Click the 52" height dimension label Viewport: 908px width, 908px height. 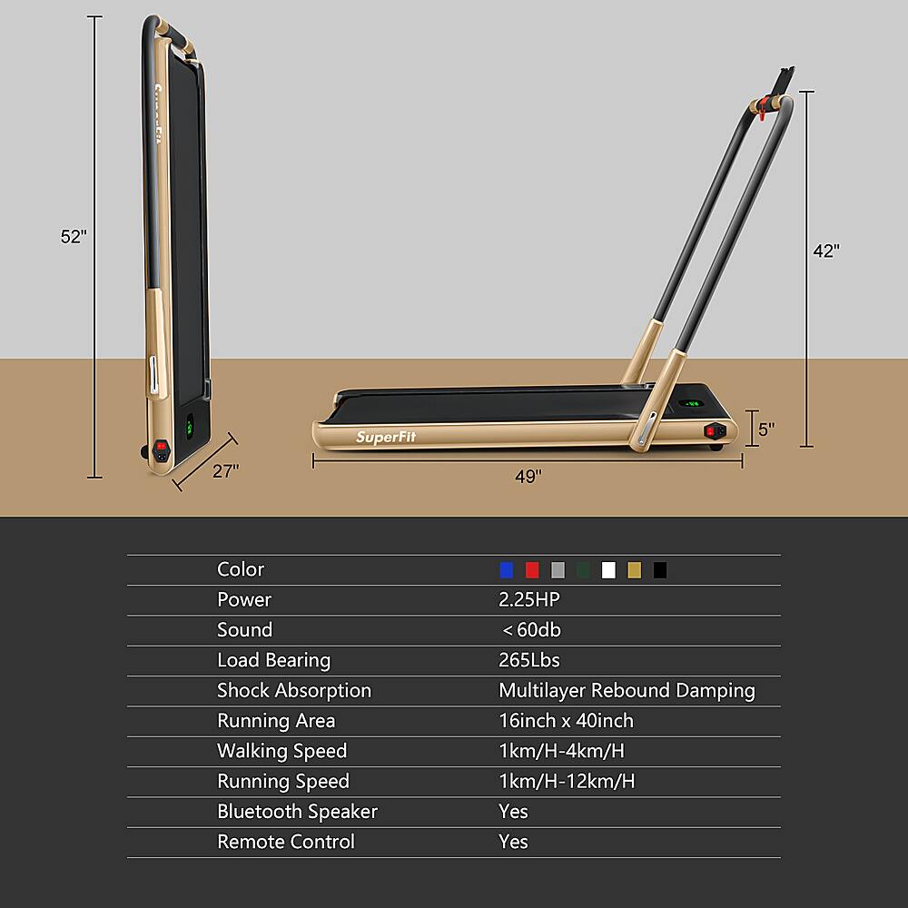[x=74, y=236]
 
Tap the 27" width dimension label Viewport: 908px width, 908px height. [x=225, y=470]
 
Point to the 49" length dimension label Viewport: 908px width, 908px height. [x=527, y=475]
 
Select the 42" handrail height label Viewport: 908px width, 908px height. [x=825, y=252]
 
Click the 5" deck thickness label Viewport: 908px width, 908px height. [x=766, y=429]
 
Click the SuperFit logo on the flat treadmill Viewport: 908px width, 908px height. [x=387, y=436]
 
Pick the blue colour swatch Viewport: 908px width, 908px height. [x=507, y=570]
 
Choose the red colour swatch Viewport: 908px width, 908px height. [x=532, y=570]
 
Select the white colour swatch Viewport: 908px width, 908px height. [x=608, y=570]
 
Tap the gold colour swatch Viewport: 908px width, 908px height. [x=634, y=570]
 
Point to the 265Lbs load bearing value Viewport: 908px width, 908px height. [x=529, y=660]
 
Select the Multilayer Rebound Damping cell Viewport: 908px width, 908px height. [x=627, y=690]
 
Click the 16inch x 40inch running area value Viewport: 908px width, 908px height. [x=566, y=721]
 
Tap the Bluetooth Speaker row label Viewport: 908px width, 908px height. [x=297, y=812]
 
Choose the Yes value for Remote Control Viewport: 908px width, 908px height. [x=513, y=842]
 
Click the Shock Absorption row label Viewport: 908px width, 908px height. [x=294, y=690]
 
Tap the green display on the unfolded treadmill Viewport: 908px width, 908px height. [x=692, y=404]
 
